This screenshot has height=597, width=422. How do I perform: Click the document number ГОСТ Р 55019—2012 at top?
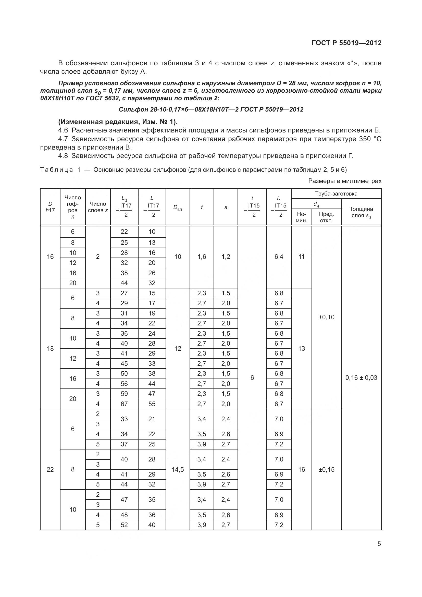pos(346,43)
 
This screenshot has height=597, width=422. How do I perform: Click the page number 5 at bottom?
pos(379,544)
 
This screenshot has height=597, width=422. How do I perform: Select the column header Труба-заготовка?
pos(336,193)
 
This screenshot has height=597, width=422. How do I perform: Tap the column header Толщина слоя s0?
pos(361,212)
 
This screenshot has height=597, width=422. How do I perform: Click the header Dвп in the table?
pos(178,208)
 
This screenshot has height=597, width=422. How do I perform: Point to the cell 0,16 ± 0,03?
pos(361,377)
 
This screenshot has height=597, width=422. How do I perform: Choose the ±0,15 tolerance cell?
pos(326,469)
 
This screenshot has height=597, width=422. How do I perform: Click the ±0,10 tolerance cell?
pos(326,317)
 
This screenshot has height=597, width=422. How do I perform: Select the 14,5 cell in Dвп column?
pos(178,469)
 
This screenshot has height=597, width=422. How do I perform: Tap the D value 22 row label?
pos(50,469)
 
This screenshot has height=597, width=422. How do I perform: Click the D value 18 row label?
pos(50,348)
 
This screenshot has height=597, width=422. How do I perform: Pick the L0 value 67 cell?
pos(124,404)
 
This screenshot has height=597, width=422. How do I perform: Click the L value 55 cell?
pos(152,404)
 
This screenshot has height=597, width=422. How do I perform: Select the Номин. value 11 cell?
pos(301,257)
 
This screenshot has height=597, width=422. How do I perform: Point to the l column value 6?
pos(252,377)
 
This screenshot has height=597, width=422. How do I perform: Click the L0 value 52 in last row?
pos(124,525)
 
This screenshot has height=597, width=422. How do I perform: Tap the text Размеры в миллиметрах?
pos(345,181)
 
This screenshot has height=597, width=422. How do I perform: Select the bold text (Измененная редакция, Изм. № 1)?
pos(118,122)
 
